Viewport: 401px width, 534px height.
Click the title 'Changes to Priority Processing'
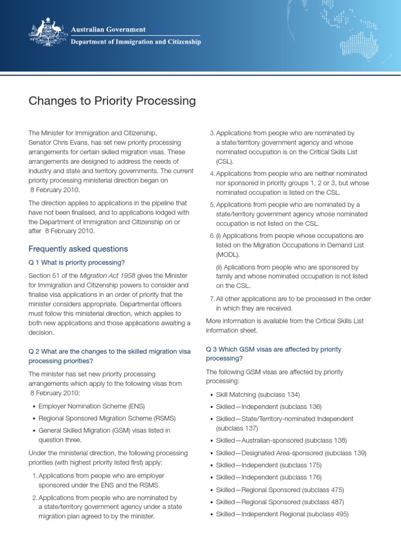pyautogui.click(x=112, y=101)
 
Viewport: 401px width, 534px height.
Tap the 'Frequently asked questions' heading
pyautogui.click(x=78, y=249)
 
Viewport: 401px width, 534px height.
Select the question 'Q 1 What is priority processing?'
pyautogui.click(x=77, y=262)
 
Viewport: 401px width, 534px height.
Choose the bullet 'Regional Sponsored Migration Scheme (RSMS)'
pyautogui.click(x=107, y=418)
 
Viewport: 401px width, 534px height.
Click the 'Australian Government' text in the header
pyautogui.click(x=108, y=30)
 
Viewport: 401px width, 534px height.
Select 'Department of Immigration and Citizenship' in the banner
pyautogui.click(x=135, y=42)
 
